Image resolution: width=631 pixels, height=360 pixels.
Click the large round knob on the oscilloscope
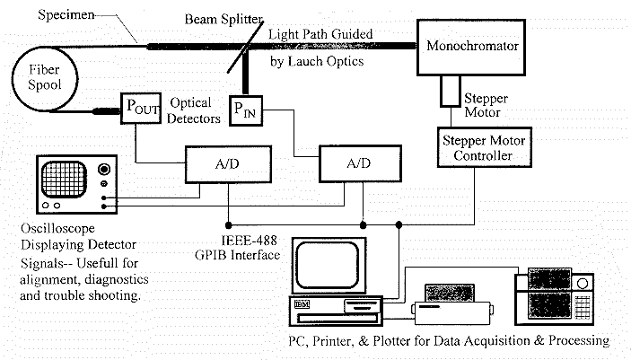pos(105,170)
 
